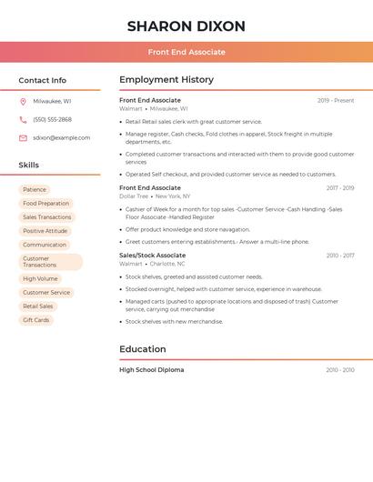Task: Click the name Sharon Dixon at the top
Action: click(x=186, y=26)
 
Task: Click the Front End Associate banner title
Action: click(x=186, y=53)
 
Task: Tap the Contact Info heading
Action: click(x=42, y=80)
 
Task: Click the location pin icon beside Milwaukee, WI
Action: click(x=23, y=101)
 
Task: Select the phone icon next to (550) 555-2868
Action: click(x=23, y=119)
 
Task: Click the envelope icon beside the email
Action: click(x=23, y=137)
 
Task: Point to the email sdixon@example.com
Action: click(x=61, y=137)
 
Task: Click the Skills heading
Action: click(x=29, y=165)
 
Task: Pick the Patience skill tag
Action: click(x=35, y=190)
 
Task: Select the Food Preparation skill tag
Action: click(x=45, y=204)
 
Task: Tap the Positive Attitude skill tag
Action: click(x=45, y=231)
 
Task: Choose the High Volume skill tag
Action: click(x=40, y=278)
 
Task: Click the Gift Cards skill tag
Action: click(x=36, y=320)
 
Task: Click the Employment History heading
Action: click(x=166, y=80)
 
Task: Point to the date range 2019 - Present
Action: click(x=336, y=101)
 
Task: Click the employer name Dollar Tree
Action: click(x=134, y=196)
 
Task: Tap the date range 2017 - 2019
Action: click(x=340, y=188)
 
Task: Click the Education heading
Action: click(x=143, y=349)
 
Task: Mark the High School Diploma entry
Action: click(x=152, y=370)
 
